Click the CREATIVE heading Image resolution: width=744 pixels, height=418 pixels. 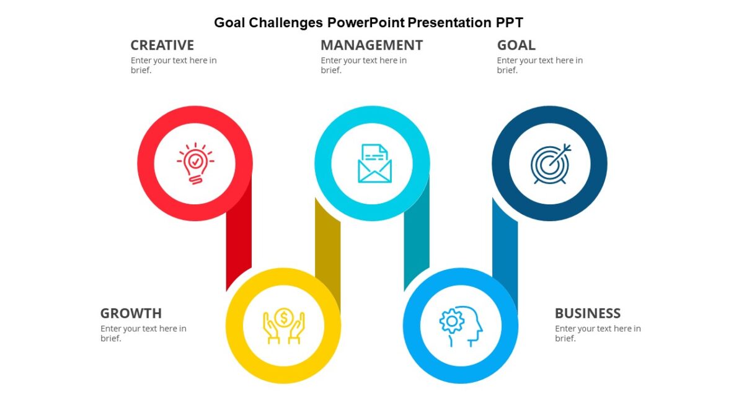[x=162, y=45]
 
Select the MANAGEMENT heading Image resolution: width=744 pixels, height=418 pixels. [x=371, y=45]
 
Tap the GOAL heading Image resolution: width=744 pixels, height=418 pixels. [x=516, y=45]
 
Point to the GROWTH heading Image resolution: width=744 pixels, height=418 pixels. [x=131, y=313]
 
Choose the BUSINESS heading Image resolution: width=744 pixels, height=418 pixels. [x=587, y=313]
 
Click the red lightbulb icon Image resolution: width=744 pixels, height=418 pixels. [x=195, y=163]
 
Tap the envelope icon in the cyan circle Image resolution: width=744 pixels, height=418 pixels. [x=374, y=163]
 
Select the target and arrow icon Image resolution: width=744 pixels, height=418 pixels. [x=550, y=163]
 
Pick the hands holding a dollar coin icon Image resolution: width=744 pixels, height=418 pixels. [x=283, y=326]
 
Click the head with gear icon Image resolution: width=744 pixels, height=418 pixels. [x=461, y=326]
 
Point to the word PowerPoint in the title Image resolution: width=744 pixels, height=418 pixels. [x=366, y=23]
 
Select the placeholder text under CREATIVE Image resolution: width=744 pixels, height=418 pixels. [x=174, y=65]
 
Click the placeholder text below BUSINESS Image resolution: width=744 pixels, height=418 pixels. [x=598, y=333]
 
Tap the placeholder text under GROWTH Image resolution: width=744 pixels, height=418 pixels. [x=143, y=333]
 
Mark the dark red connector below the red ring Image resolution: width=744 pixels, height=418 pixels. [x=239, y=242]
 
